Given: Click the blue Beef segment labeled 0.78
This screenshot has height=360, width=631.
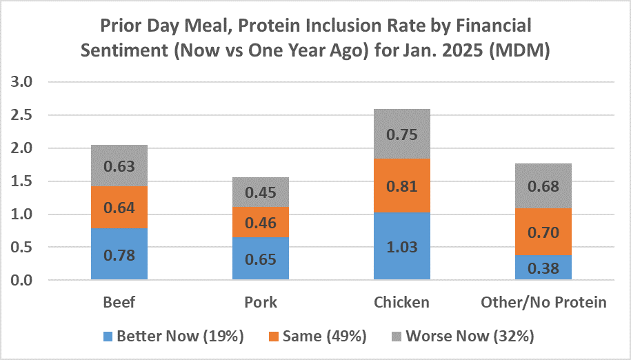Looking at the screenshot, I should click(x=119, y=254).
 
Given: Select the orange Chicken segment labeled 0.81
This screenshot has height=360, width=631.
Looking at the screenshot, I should click(x=401, y=185).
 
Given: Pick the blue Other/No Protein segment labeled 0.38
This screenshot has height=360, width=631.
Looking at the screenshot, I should click(x=543, y=267).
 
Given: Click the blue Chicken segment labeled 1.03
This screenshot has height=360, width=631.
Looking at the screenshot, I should click(x=401, y=246).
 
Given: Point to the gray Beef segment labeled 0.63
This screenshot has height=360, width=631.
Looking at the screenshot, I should click(x=119, y=166).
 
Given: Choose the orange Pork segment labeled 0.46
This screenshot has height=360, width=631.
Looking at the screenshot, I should click(x=260, y=222).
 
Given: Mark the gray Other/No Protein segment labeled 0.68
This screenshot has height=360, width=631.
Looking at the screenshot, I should click(x=543, y=186).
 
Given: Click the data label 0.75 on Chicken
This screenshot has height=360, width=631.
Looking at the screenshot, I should click(x=401, y=134).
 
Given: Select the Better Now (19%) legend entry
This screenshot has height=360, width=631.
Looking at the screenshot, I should click(x=173, y=337).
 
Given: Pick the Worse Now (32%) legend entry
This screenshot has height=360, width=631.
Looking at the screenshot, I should click(x=462, y=337).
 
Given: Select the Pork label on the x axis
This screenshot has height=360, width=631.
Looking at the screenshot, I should click(x=260, y=303).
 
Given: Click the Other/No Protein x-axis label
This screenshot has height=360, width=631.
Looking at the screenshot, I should click(x=543, y=303).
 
